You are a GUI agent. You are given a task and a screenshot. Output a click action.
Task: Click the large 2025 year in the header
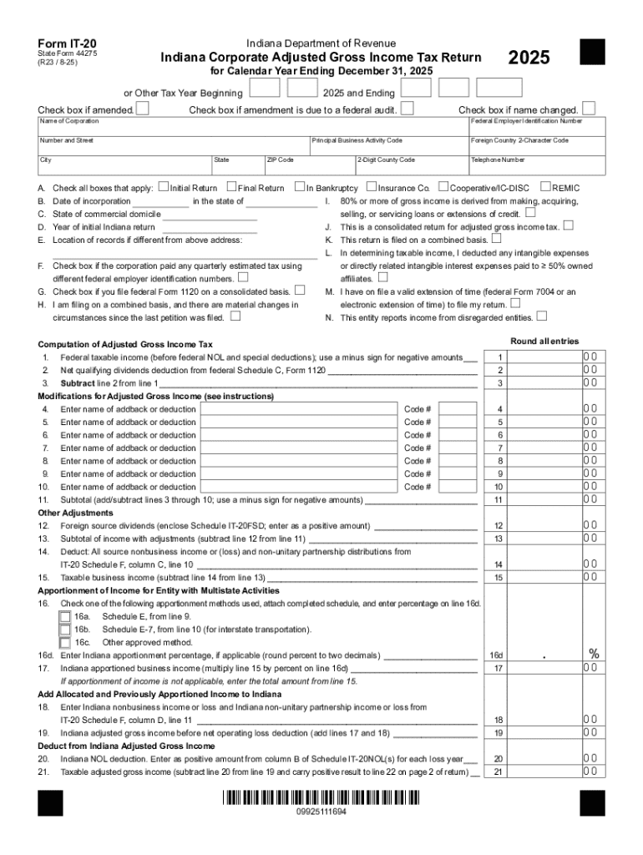tap(529, 58)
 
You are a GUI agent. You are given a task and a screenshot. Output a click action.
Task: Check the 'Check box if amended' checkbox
tap(143, 109)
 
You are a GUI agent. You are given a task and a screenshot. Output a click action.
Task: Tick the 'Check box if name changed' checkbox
tap(589, 109)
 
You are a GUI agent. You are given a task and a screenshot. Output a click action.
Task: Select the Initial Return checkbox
tap(163, 187)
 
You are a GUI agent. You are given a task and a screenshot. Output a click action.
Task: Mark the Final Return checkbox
tap(232, 187)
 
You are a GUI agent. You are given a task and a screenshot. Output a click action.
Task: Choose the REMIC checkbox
tap(546, 187)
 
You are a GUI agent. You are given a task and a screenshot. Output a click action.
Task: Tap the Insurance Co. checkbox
tap(372, 187)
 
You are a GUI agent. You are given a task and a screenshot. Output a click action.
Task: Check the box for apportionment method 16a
tap(64, 616)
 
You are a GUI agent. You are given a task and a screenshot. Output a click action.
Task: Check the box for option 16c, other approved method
tap(64, 642)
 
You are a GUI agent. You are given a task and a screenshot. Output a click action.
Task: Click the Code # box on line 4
tap(458, 409)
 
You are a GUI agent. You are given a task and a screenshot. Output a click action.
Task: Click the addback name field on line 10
tap(299, 487)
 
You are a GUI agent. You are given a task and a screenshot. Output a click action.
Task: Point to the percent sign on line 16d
tap(594, 654)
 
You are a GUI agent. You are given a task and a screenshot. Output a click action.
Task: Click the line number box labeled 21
tap(499, 772)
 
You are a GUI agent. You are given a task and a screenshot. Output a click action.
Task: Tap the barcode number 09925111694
tap(321, 812)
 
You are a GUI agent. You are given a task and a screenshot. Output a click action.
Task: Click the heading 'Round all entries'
tap(544, 341)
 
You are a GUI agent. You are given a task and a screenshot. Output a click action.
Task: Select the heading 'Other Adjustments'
tap(76, 513)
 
